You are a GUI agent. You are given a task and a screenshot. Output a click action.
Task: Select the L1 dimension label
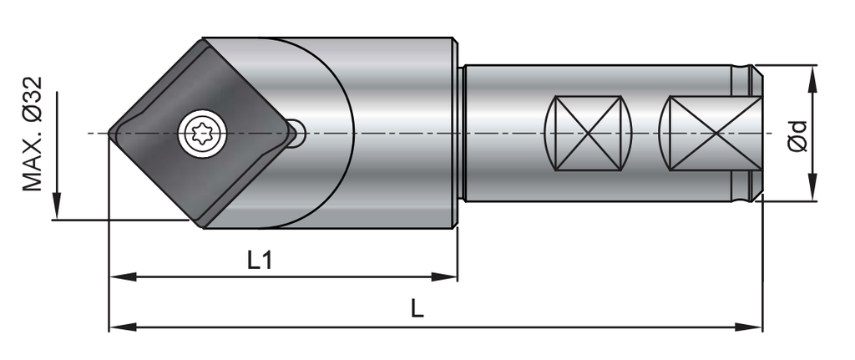260,260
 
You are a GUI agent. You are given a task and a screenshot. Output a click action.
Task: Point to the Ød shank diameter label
799,134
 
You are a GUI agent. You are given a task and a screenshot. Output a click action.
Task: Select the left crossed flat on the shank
588,133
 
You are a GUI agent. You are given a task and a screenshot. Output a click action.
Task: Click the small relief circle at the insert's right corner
296,133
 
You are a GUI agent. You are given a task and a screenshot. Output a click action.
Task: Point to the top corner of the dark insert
203,39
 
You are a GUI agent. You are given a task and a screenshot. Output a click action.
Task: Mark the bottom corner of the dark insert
203,226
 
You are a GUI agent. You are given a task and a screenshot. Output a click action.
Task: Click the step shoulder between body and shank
459,134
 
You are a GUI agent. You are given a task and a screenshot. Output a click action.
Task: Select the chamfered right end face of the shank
758,133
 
